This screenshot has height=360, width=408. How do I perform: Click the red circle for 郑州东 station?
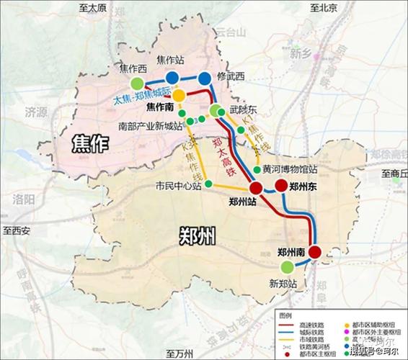281,187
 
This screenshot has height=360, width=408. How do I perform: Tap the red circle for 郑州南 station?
315,252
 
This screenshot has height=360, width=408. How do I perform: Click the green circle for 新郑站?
287,267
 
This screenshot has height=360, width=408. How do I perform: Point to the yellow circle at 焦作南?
178,96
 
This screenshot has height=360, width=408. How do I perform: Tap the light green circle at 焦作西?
128,73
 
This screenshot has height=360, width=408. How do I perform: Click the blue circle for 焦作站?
172,78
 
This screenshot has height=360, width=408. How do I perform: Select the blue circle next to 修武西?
205,78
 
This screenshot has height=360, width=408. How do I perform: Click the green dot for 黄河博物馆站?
257,170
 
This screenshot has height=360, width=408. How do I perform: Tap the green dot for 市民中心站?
208,184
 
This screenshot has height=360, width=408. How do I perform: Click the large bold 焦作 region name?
90,144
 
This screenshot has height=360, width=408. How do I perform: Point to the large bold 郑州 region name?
196,236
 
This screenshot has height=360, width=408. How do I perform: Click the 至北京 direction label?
324,8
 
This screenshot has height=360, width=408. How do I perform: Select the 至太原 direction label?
92,8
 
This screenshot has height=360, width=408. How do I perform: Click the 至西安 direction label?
17,230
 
